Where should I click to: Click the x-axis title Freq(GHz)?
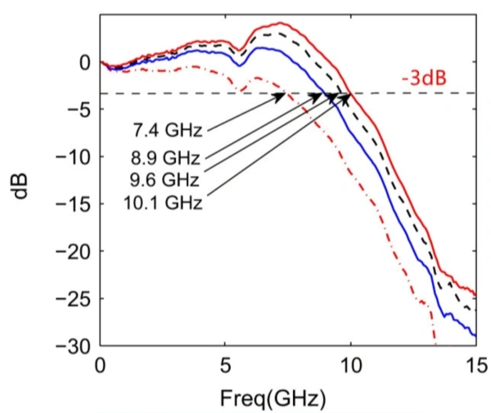point(273,398)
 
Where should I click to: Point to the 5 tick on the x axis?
point(225,362)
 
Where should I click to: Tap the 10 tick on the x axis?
point(351,362)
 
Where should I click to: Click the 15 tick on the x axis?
point(475,362)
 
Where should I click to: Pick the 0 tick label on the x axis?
point(101,362)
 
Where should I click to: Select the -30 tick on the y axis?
point(75,346)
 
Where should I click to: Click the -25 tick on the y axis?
point(75,299)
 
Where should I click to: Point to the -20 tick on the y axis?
point(75,251)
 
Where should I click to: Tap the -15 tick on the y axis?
point(75,204)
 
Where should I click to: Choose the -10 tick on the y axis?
point(75,156)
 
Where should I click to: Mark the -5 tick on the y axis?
point(79,109)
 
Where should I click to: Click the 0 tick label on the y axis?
point(84,61)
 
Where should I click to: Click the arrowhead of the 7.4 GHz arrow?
point(282,96)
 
